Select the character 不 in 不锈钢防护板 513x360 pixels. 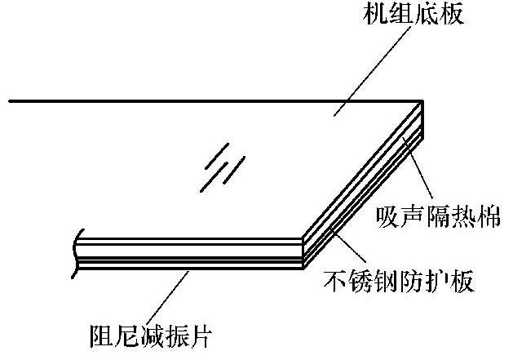[325, 282]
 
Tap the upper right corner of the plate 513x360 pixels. [422, 102]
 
